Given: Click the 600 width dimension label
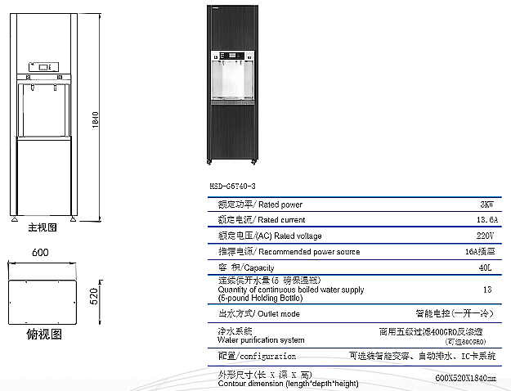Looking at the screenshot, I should coord(41,252).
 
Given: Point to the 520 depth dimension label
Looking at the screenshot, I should coord(93,297).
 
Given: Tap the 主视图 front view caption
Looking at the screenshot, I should coord(43,227).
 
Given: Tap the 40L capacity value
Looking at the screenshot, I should coord(486,267).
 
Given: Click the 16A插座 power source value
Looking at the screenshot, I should coord(480,251).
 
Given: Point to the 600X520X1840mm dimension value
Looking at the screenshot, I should coord(466,380).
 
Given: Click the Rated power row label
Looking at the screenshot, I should coord(260,204).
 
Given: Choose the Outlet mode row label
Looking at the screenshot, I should coord(258,313).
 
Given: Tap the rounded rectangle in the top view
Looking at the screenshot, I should coord(42,303).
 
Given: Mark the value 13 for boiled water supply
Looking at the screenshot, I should coord(487,290).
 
